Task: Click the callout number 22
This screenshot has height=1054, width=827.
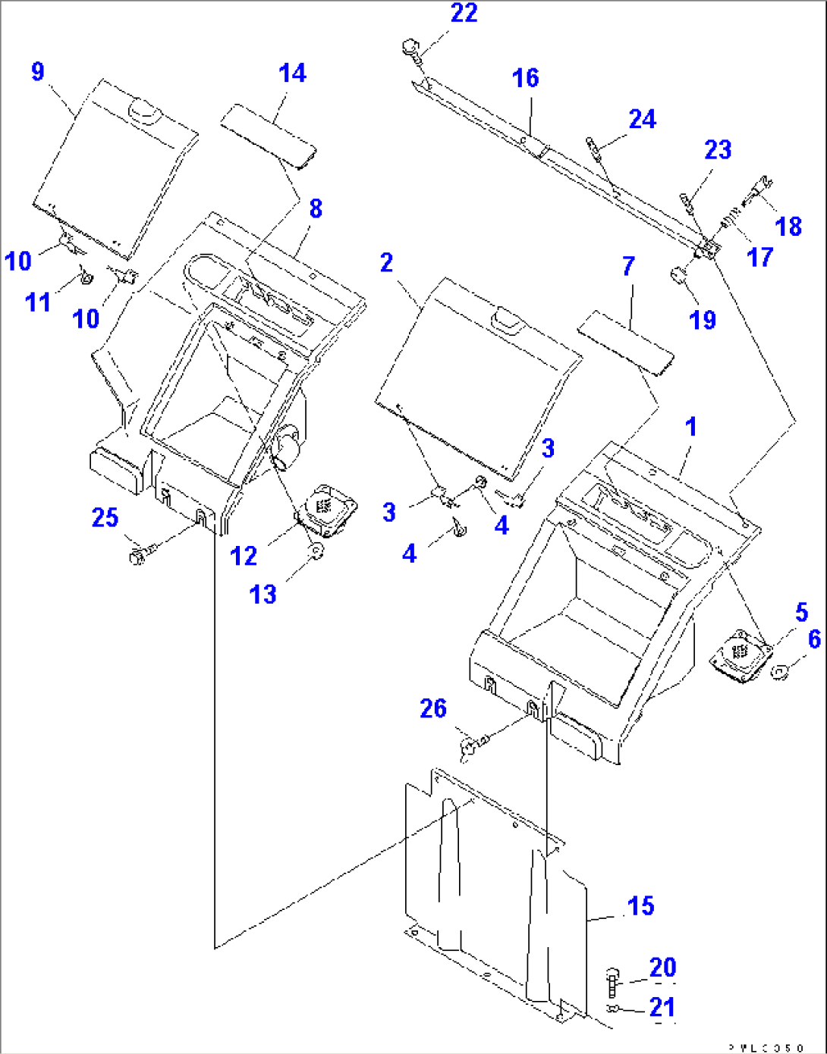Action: coord(464,14)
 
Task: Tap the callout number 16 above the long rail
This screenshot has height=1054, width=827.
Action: coord(525,78)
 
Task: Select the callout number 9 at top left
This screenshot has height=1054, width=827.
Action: coord(38,72)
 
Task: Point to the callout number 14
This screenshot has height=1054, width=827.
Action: coord(292,74)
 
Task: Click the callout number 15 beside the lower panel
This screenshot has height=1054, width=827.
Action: coord(640,906)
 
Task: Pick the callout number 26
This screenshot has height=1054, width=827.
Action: coord(433,709)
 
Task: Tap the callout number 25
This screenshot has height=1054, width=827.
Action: coord(105,519)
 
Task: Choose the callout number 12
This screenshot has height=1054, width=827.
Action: coord(244,557)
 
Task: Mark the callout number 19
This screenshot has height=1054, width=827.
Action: coord(703,320)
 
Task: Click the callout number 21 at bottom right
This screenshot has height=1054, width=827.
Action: coord(662,1008)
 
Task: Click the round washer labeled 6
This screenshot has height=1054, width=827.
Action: coord(779,671)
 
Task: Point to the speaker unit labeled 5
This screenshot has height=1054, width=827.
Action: coord(740,651)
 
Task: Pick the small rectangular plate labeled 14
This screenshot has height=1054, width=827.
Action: coord(268,135)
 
